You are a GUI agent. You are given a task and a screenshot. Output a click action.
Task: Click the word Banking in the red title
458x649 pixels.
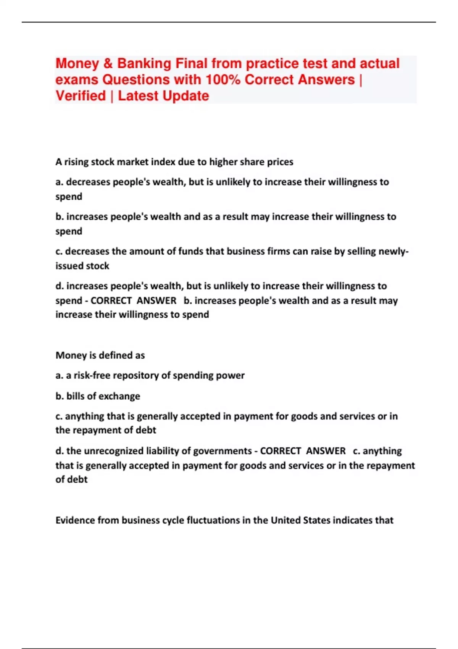coord(144,64)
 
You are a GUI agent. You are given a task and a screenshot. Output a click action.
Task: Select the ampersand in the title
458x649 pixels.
coord(108,64)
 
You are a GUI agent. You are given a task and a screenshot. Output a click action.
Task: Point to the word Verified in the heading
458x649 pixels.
coord(81,96)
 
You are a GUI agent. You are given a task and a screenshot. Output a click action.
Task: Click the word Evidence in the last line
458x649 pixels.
coord(75,520)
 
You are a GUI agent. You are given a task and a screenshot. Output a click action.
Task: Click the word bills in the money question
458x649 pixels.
coord(75,396)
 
